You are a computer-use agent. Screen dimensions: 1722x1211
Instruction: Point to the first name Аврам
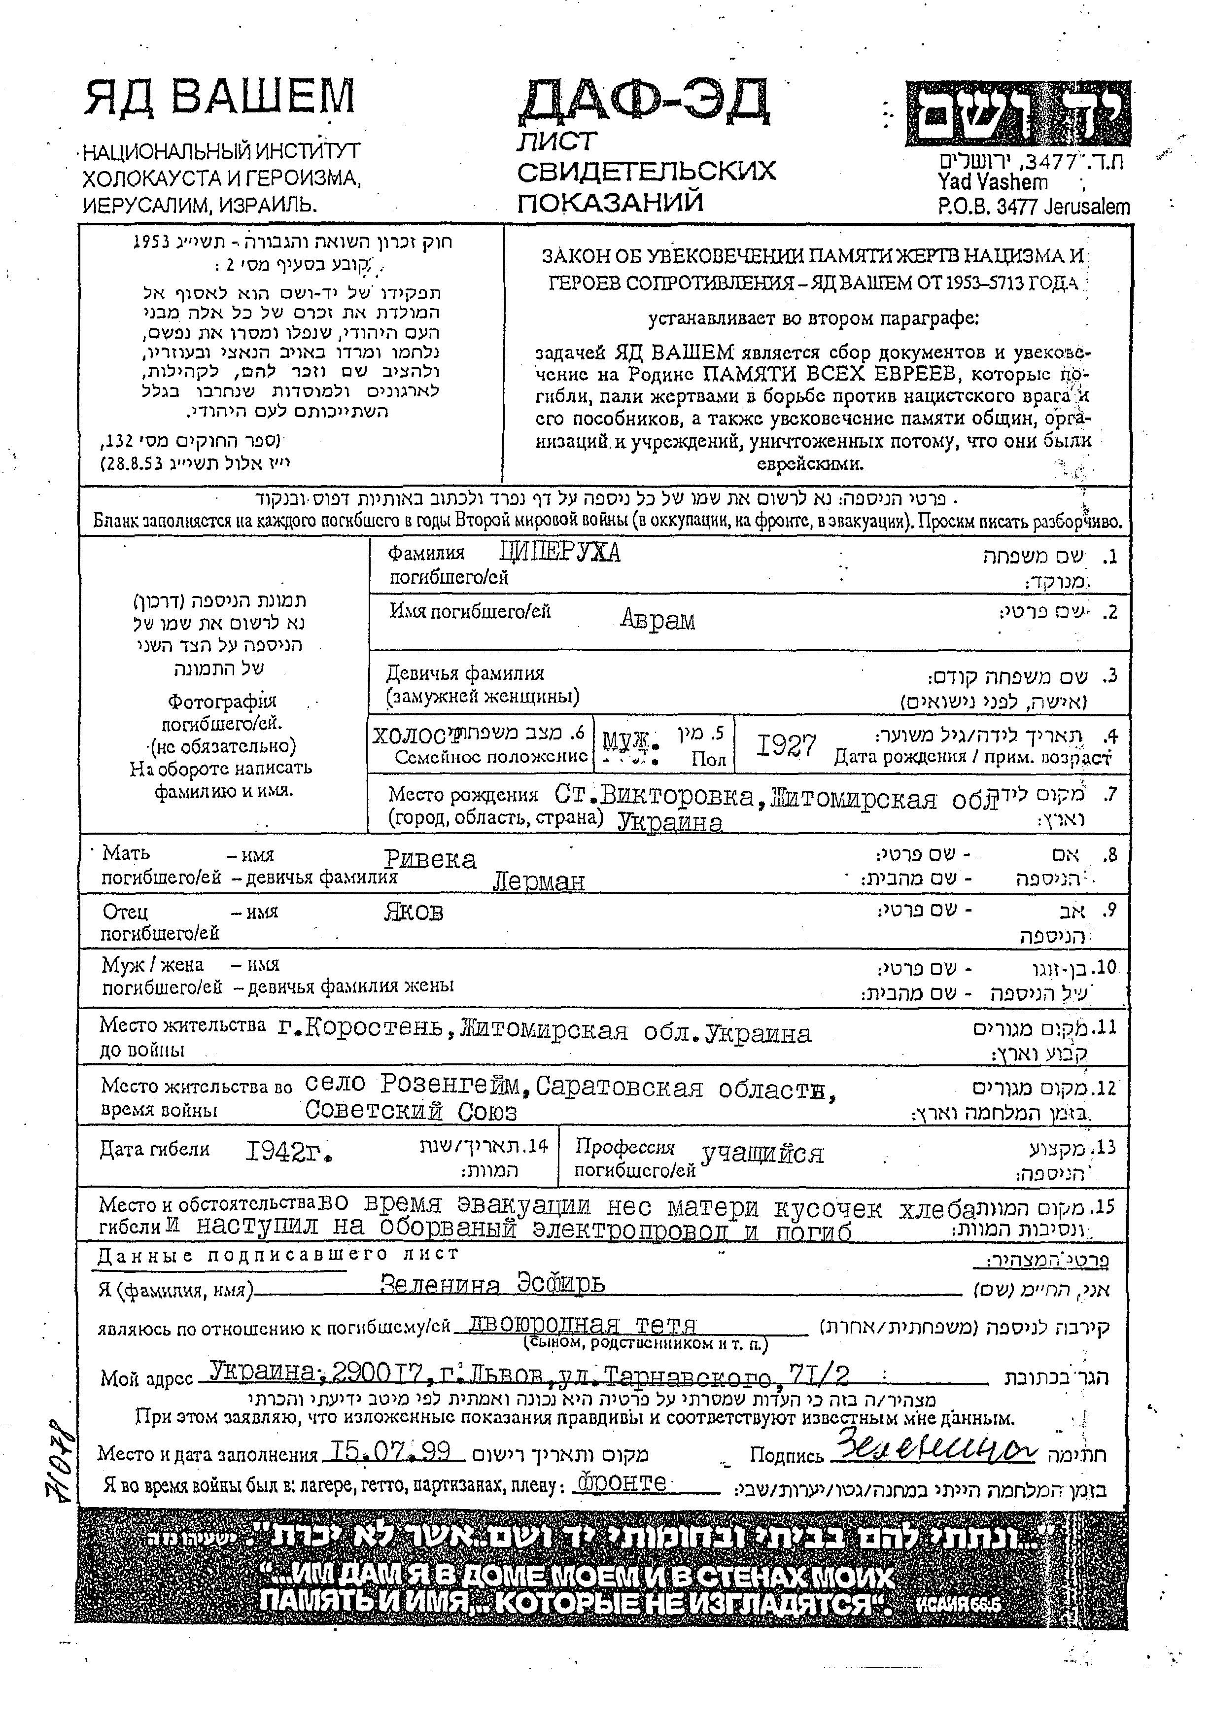[x=657, y=620]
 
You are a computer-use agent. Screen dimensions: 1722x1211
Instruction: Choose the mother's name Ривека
[x=430, y=859]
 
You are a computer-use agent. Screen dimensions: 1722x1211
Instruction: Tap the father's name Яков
[x=413, y=912]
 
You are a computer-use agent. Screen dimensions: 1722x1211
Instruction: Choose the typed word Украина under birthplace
[x=670, y=823]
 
